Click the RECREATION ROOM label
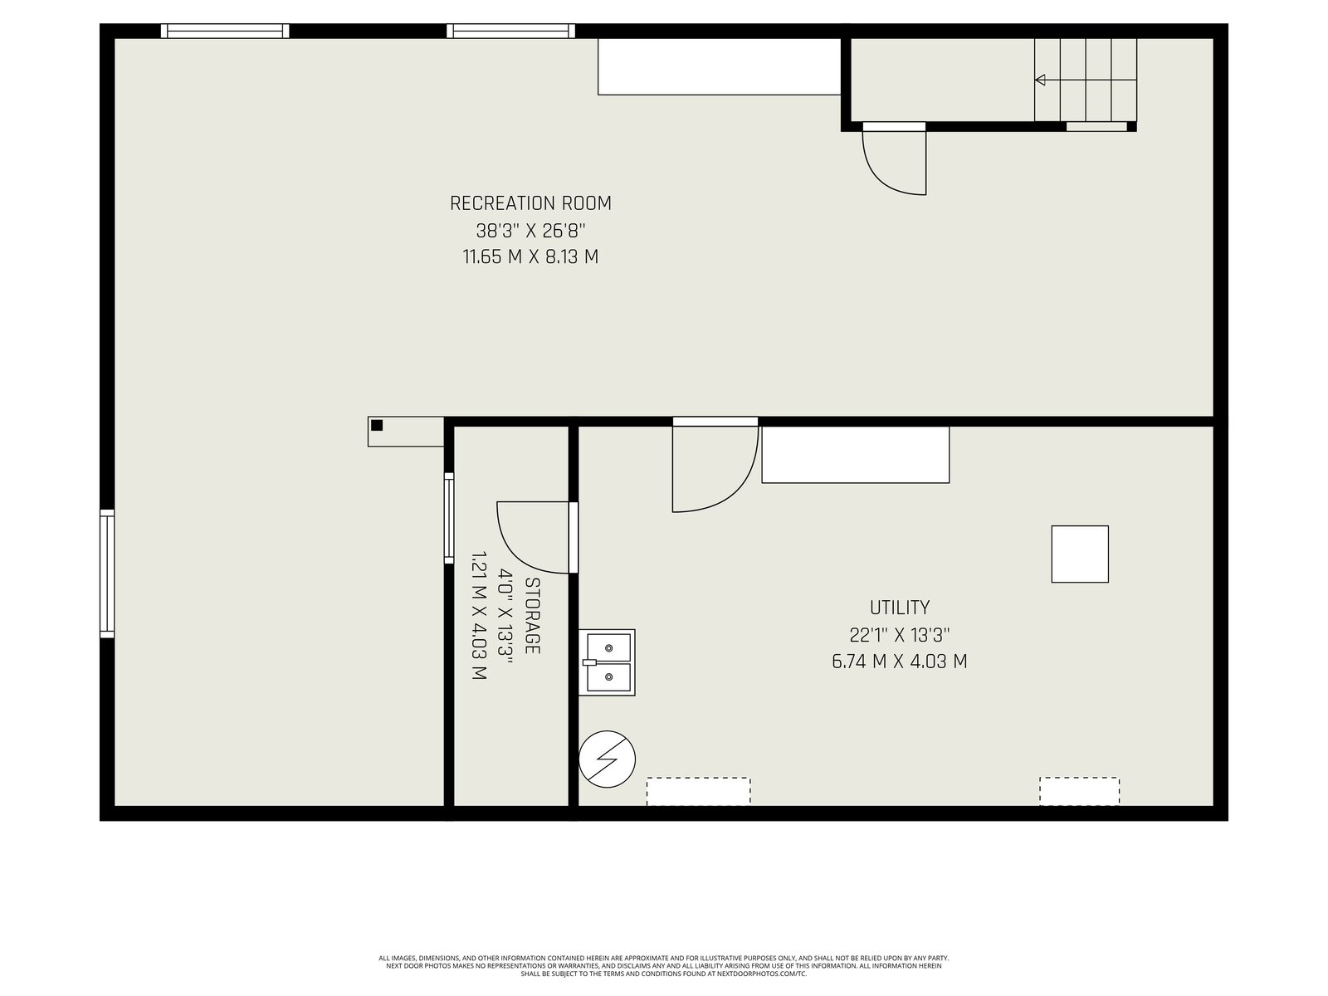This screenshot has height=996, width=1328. click(x=530, y=203)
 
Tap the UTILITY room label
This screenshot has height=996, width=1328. click(x=899, y=608)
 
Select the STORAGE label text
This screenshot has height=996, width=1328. click(x=532, y=616)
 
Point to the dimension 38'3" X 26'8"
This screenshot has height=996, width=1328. click(x=530, y=231)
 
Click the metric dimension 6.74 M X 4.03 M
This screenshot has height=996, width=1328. click(x=899, y=661)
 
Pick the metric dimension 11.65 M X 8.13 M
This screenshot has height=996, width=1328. click(x=530, y=257)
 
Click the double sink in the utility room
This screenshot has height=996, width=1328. click(x=607, y=662)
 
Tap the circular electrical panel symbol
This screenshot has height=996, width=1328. click(x=607, y=759)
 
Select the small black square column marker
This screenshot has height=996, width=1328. click(x=377, y=425)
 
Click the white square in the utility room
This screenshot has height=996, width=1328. click(x=1080, y=554)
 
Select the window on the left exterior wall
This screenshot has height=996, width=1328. click(x=107, y=574)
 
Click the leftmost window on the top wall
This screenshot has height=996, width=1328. click(x=225, y=31)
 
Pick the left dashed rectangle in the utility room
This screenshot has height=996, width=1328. click(x=699, y=792)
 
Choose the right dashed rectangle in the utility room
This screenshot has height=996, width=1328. click(x=1079, y=791)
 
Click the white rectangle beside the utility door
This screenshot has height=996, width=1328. click(x=856, y=455)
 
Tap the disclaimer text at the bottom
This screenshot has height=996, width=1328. click(x=664, y=966)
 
